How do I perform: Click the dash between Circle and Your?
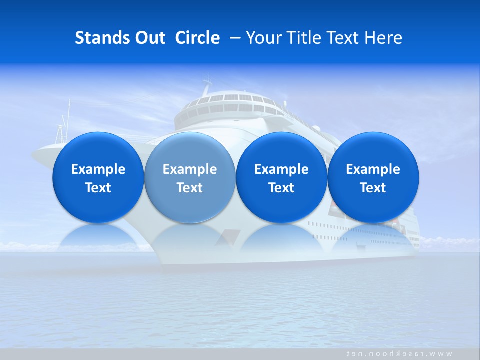coord(233,38)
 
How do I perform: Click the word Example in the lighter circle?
coord(190,169)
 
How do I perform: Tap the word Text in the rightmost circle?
coord(373,188)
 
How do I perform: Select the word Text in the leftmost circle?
coord(98,188)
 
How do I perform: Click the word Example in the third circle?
coord(281,169)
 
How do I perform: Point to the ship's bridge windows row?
coord(230,98)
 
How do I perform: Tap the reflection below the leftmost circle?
coord(98,237)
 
